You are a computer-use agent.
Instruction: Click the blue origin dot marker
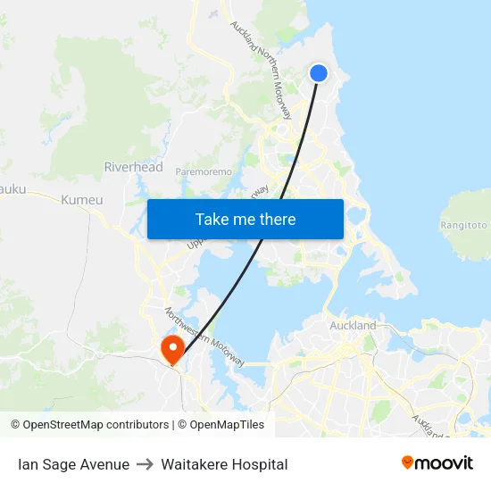(x=319, y=73)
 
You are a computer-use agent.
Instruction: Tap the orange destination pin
(x=170, y=349)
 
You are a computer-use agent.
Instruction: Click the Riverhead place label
(x=134, y=167)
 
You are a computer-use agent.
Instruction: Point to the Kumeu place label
(x=82, y=200)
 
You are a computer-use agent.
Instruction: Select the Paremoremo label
(x=204, y=171)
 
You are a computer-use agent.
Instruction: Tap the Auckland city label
(x=353, y=326)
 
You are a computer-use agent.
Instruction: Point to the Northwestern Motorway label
(x=204, y=337)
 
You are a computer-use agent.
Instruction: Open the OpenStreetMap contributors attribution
(x=96, y=425)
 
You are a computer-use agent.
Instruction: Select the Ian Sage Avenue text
(x=73, y=464)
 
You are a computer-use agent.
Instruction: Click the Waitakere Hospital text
(x=224, y=464)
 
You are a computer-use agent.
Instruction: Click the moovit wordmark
(x=445, y=463)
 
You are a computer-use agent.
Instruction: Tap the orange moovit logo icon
(x=408, y=462)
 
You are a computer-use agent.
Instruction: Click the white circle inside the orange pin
(x=170, y=345)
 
